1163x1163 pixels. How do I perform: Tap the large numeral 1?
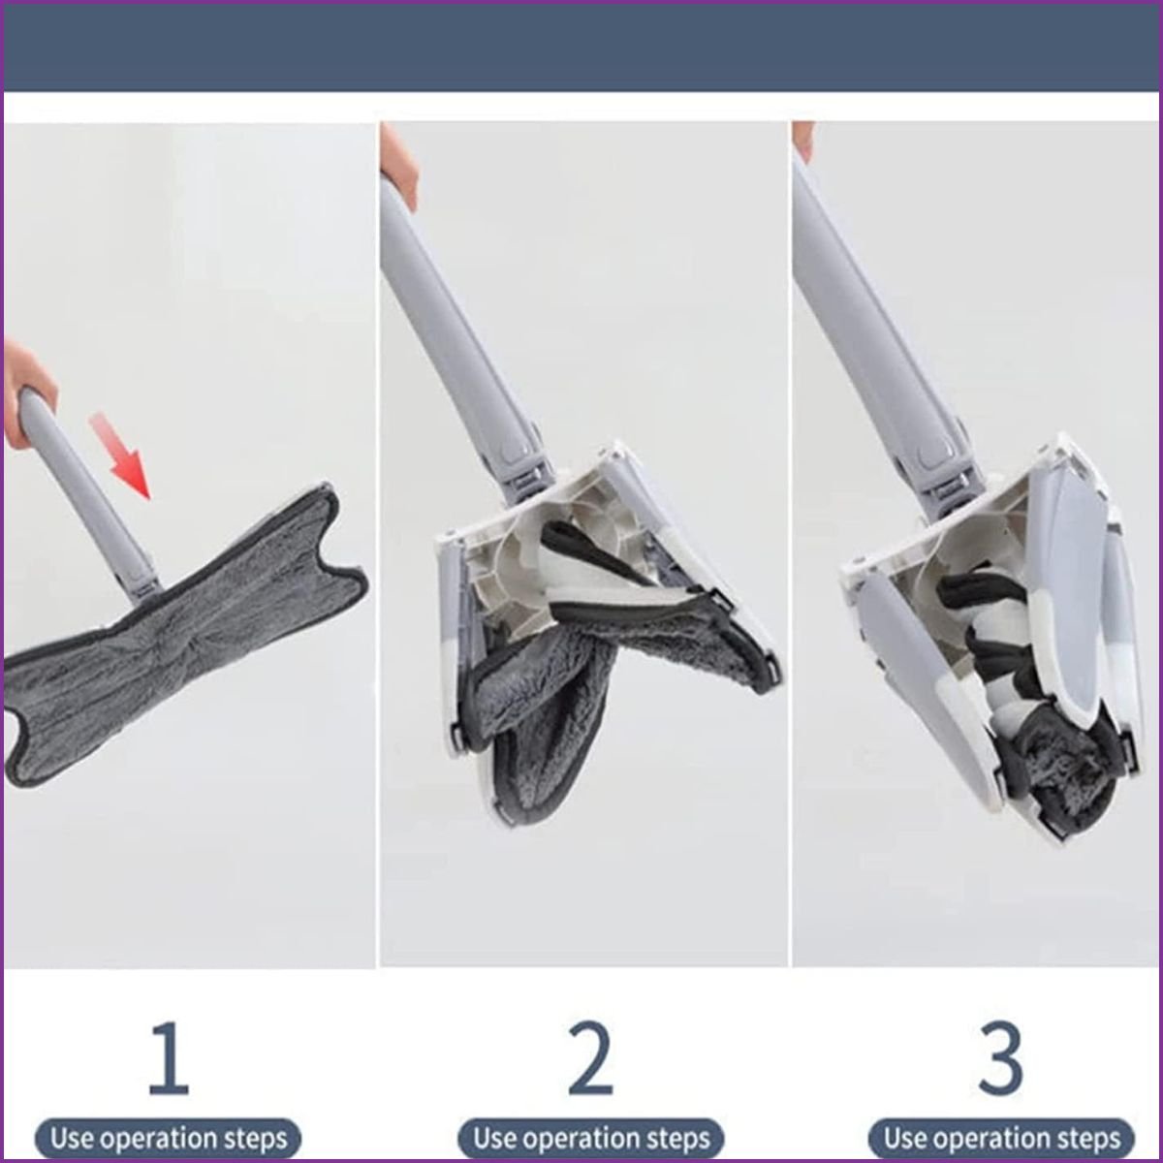tap(170, 1058)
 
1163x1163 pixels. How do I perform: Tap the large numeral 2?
tap(591, 1058)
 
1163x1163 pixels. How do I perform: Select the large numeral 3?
tap(1000, 1058)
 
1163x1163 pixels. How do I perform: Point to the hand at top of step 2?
tap(398, 163)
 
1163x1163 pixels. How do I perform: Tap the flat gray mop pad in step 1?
tap(181, 640)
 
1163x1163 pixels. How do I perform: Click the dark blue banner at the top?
tap(581, 48)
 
